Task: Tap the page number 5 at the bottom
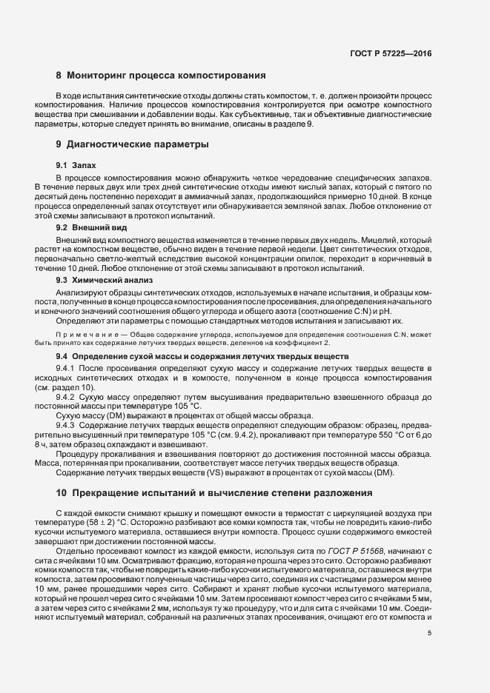tap(429, 633)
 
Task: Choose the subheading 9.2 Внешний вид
tap(87, 229)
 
